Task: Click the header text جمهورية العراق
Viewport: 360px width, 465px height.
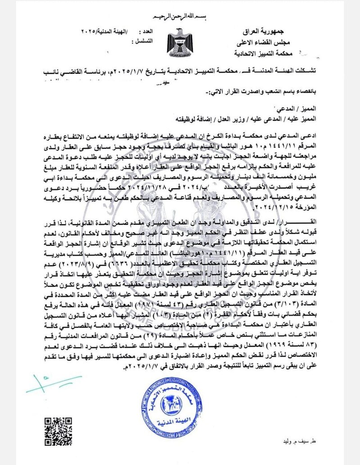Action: (257, 34)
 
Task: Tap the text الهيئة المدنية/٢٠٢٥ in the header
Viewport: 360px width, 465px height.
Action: (103, 32)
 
